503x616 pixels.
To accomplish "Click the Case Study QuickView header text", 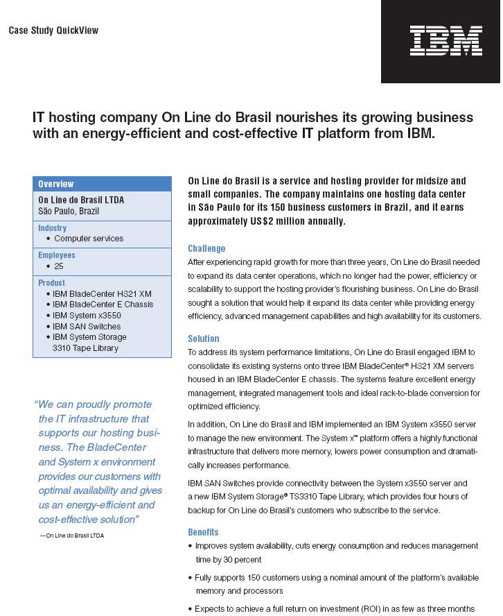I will click(53, 31).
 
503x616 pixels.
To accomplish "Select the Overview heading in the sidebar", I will click(56, 184).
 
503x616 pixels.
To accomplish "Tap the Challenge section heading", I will click(206, 248).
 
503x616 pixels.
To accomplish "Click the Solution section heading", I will click(204, 339).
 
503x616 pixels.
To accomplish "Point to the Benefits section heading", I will click(204, 532).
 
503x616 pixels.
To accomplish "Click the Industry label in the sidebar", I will click(53, 228).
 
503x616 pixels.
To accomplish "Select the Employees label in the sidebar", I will click(57, 255).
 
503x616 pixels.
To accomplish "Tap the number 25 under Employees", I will click(59, 266).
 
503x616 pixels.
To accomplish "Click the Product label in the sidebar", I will click(52, 282).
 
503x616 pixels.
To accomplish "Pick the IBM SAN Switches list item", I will click(87, 326).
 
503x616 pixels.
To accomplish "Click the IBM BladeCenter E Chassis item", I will click(103, 305).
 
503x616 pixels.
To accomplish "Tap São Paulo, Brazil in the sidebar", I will click(69, 211).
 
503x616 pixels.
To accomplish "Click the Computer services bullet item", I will click(89, 238).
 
